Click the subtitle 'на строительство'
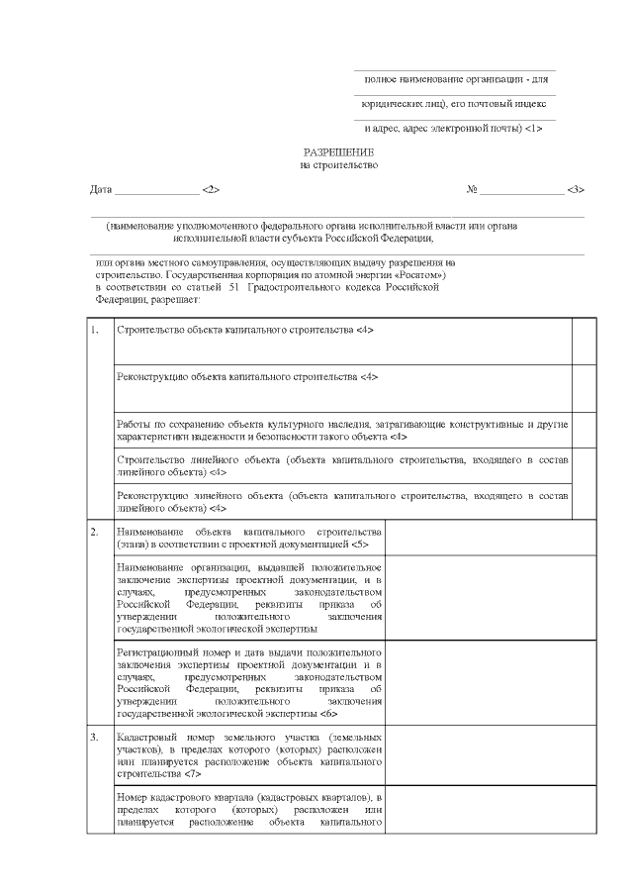[339, 165]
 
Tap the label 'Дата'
[100, 189]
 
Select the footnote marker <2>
[210, 189]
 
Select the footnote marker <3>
[576, 189]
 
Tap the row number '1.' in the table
[95, 330]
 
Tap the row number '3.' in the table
[95, 739]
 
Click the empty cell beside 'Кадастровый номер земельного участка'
[490, 756]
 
